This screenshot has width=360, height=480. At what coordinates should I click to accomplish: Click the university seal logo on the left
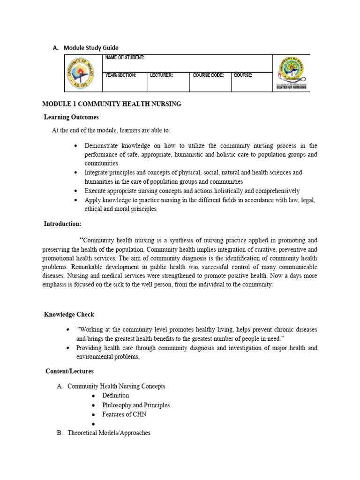(x=80, y=73)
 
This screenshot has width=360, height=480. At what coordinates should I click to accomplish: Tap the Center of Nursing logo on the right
(x=291, y=73)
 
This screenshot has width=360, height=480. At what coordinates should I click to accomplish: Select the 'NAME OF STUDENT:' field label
(x=125, y=58)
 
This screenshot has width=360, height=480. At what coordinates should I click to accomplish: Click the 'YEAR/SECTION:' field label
(x=121, y=75)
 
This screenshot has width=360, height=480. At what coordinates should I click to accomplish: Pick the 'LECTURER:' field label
(x=162, y=75)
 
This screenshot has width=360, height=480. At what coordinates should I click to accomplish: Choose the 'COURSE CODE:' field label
(x=208, y=75)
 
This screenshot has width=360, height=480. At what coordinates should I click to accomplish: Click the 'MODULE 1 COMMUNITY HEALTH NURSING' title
(x=112, y=104)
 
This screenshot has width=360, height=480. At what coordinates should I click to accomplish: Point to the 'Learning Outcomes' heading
(x=71, y=117)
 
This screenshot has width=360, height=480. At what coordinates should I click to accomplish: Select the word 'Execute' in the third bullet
(x=96, y=191)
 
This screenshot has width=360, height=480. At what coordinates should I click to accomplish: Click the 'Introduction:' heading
(x=63, y=224)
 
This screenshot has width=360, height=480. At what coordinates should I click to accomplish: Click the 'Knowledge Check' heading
(x=69, y=315)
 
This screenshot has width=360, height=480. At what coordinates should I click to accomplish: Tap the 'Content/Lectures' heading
(x=69, y=371)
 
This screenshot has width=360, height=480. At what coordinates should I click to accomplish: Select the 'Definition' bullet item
(x=115, y=396)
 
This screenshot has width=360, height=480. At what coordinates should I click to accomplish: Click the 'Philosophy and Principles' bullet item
(x=136, y=405)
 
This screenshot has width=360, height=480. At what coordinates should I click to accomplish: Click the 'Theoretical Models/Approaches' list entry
(x=109, y=433)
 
